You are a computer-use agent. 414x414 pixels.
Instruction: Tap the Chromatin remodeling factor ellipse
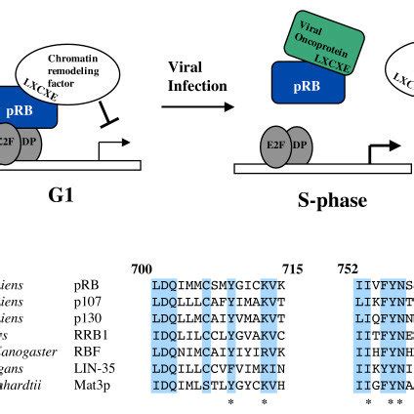[x=75, y=60]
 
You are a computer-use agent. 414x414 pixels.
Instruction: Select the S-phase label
[x=332, y=200]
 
